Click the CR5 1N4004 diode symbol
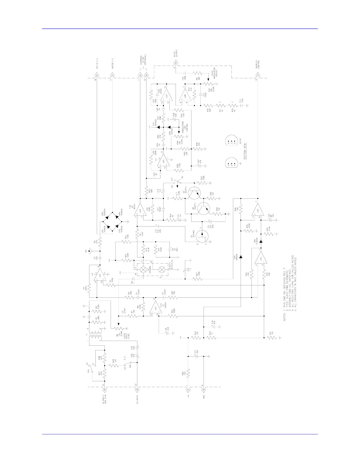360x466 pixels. pyautogui.click(x=241, y=257)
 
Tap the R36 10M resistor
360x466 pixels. pyautogui.click(x=241, y=210)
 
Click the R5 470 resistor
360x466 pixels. pyautogui.click(x=100, y=243)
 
